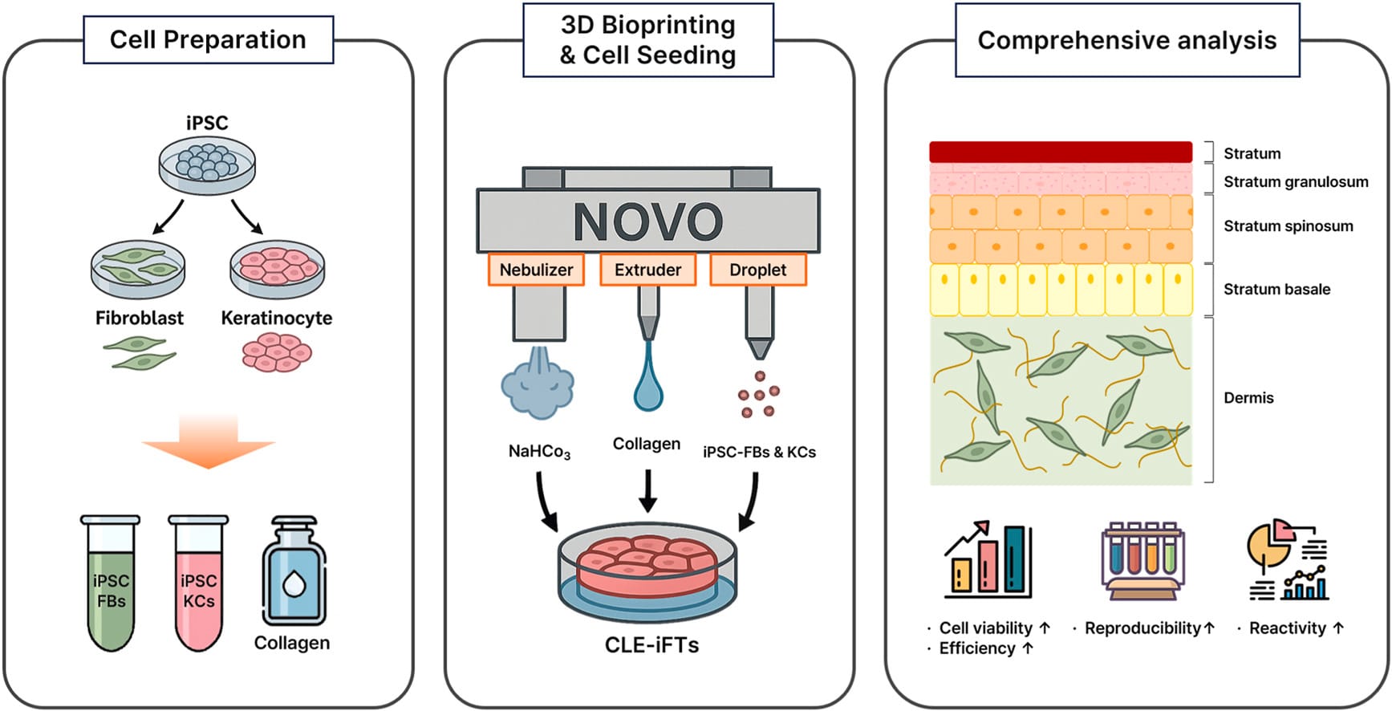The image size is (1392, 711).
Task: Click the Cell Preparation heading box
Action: [x=208, y=39]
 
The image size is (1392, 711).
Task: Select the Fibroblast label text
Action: [x=139, y=318]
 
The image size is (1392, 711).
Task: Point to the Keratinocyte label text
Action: [x=276, y=318]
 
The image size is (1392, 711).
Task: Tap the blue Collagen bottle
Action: [x=294, y=574]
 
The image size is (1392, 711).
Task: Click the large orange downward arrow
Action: [x=209, y=441]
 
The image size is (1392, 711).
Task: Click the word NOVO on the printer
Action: [x=647, y=221]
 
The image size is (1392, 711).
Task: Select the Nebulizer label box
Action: [x=536, y=270]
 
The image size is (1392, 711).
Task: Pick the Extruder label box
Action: [x=647, y=270]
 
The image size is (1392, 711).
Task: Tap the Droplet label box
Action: [x=757, y=270]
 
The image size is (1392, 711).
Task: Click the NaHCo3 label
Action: [x=539, y=452]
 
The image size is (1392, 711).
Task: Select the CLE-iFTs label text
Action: [x=651, y=645]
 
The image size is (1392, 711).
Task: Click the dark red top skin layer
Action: [x=1060, y=152]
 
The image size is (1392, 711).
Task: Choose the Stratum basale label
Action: [x=1276, y=289]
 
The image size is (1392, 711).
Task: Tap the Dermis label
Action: [x=1248, y=398]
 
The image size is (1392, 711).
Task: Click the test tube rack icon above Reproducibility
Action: [x=1142, y=560]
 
